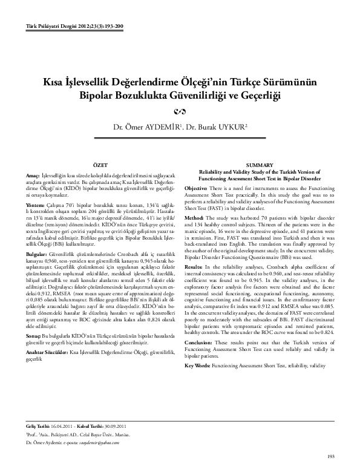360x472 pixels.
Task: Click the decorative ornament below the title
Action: coord(180,111)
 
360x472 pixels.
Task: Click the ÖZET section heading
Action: coord(99,165)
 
